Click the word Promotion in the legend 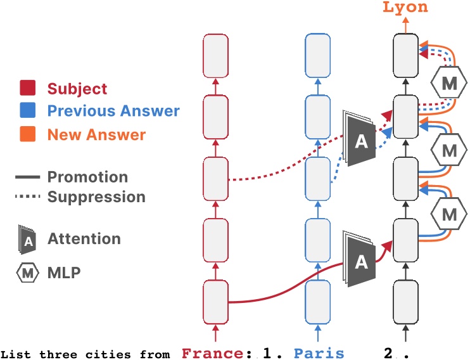[x=87, y=177]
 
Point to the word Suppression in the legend [x=96, y=196]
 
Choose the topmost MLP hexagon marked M [x=448, y=83]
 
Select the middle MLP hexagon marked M [x=448, y=151]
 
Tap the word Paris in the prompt [x=319, y=352]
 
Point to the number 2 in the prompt [x=388, y=352]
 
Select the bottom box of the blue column [x=317, y=302]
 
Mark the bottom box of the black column [x=405, y=302]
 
